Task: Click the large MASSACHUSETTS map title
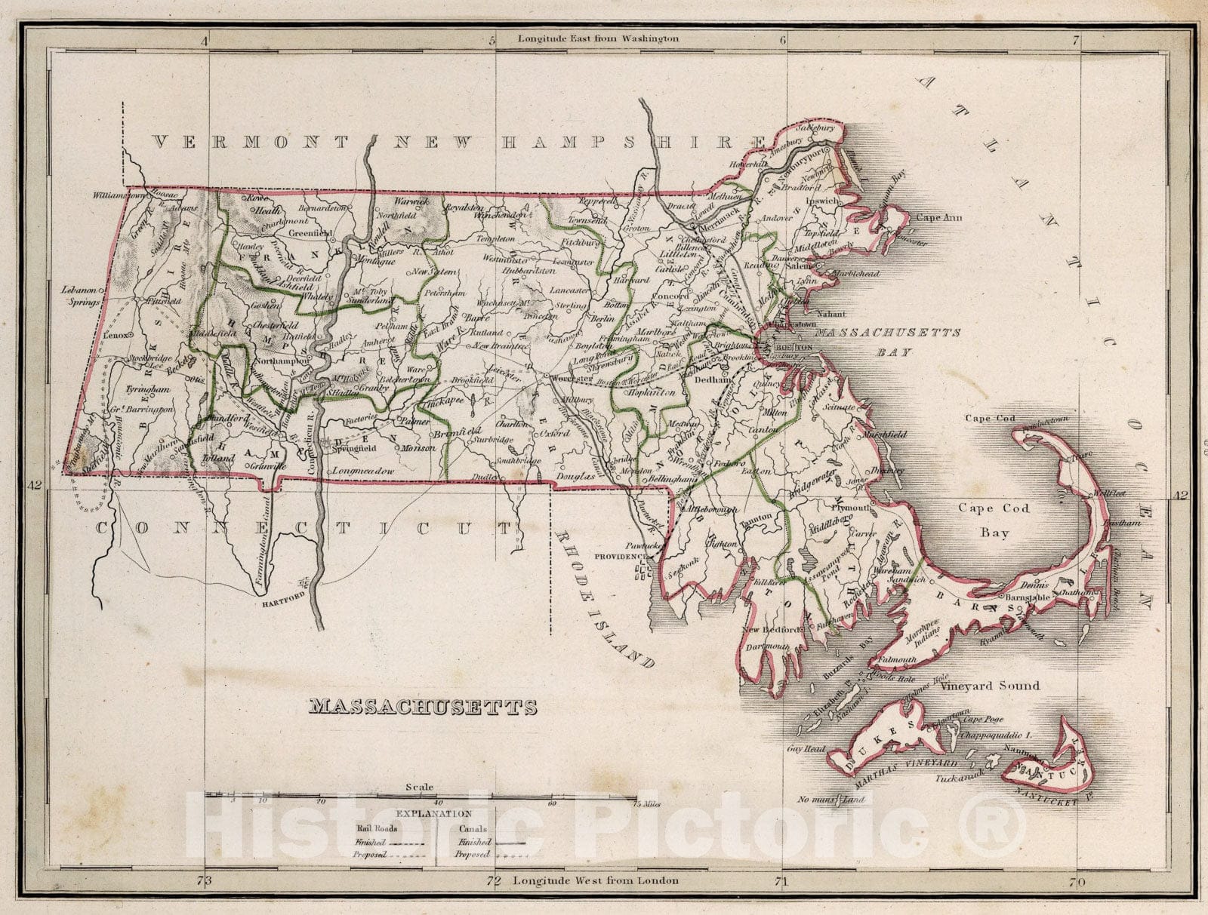(x=423, y=707)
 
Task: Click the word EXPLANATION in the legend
(x=434, y=814)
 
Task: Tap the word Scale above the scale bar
(x=419, y=788)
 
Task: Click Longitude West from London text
(x=595, y=880)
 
